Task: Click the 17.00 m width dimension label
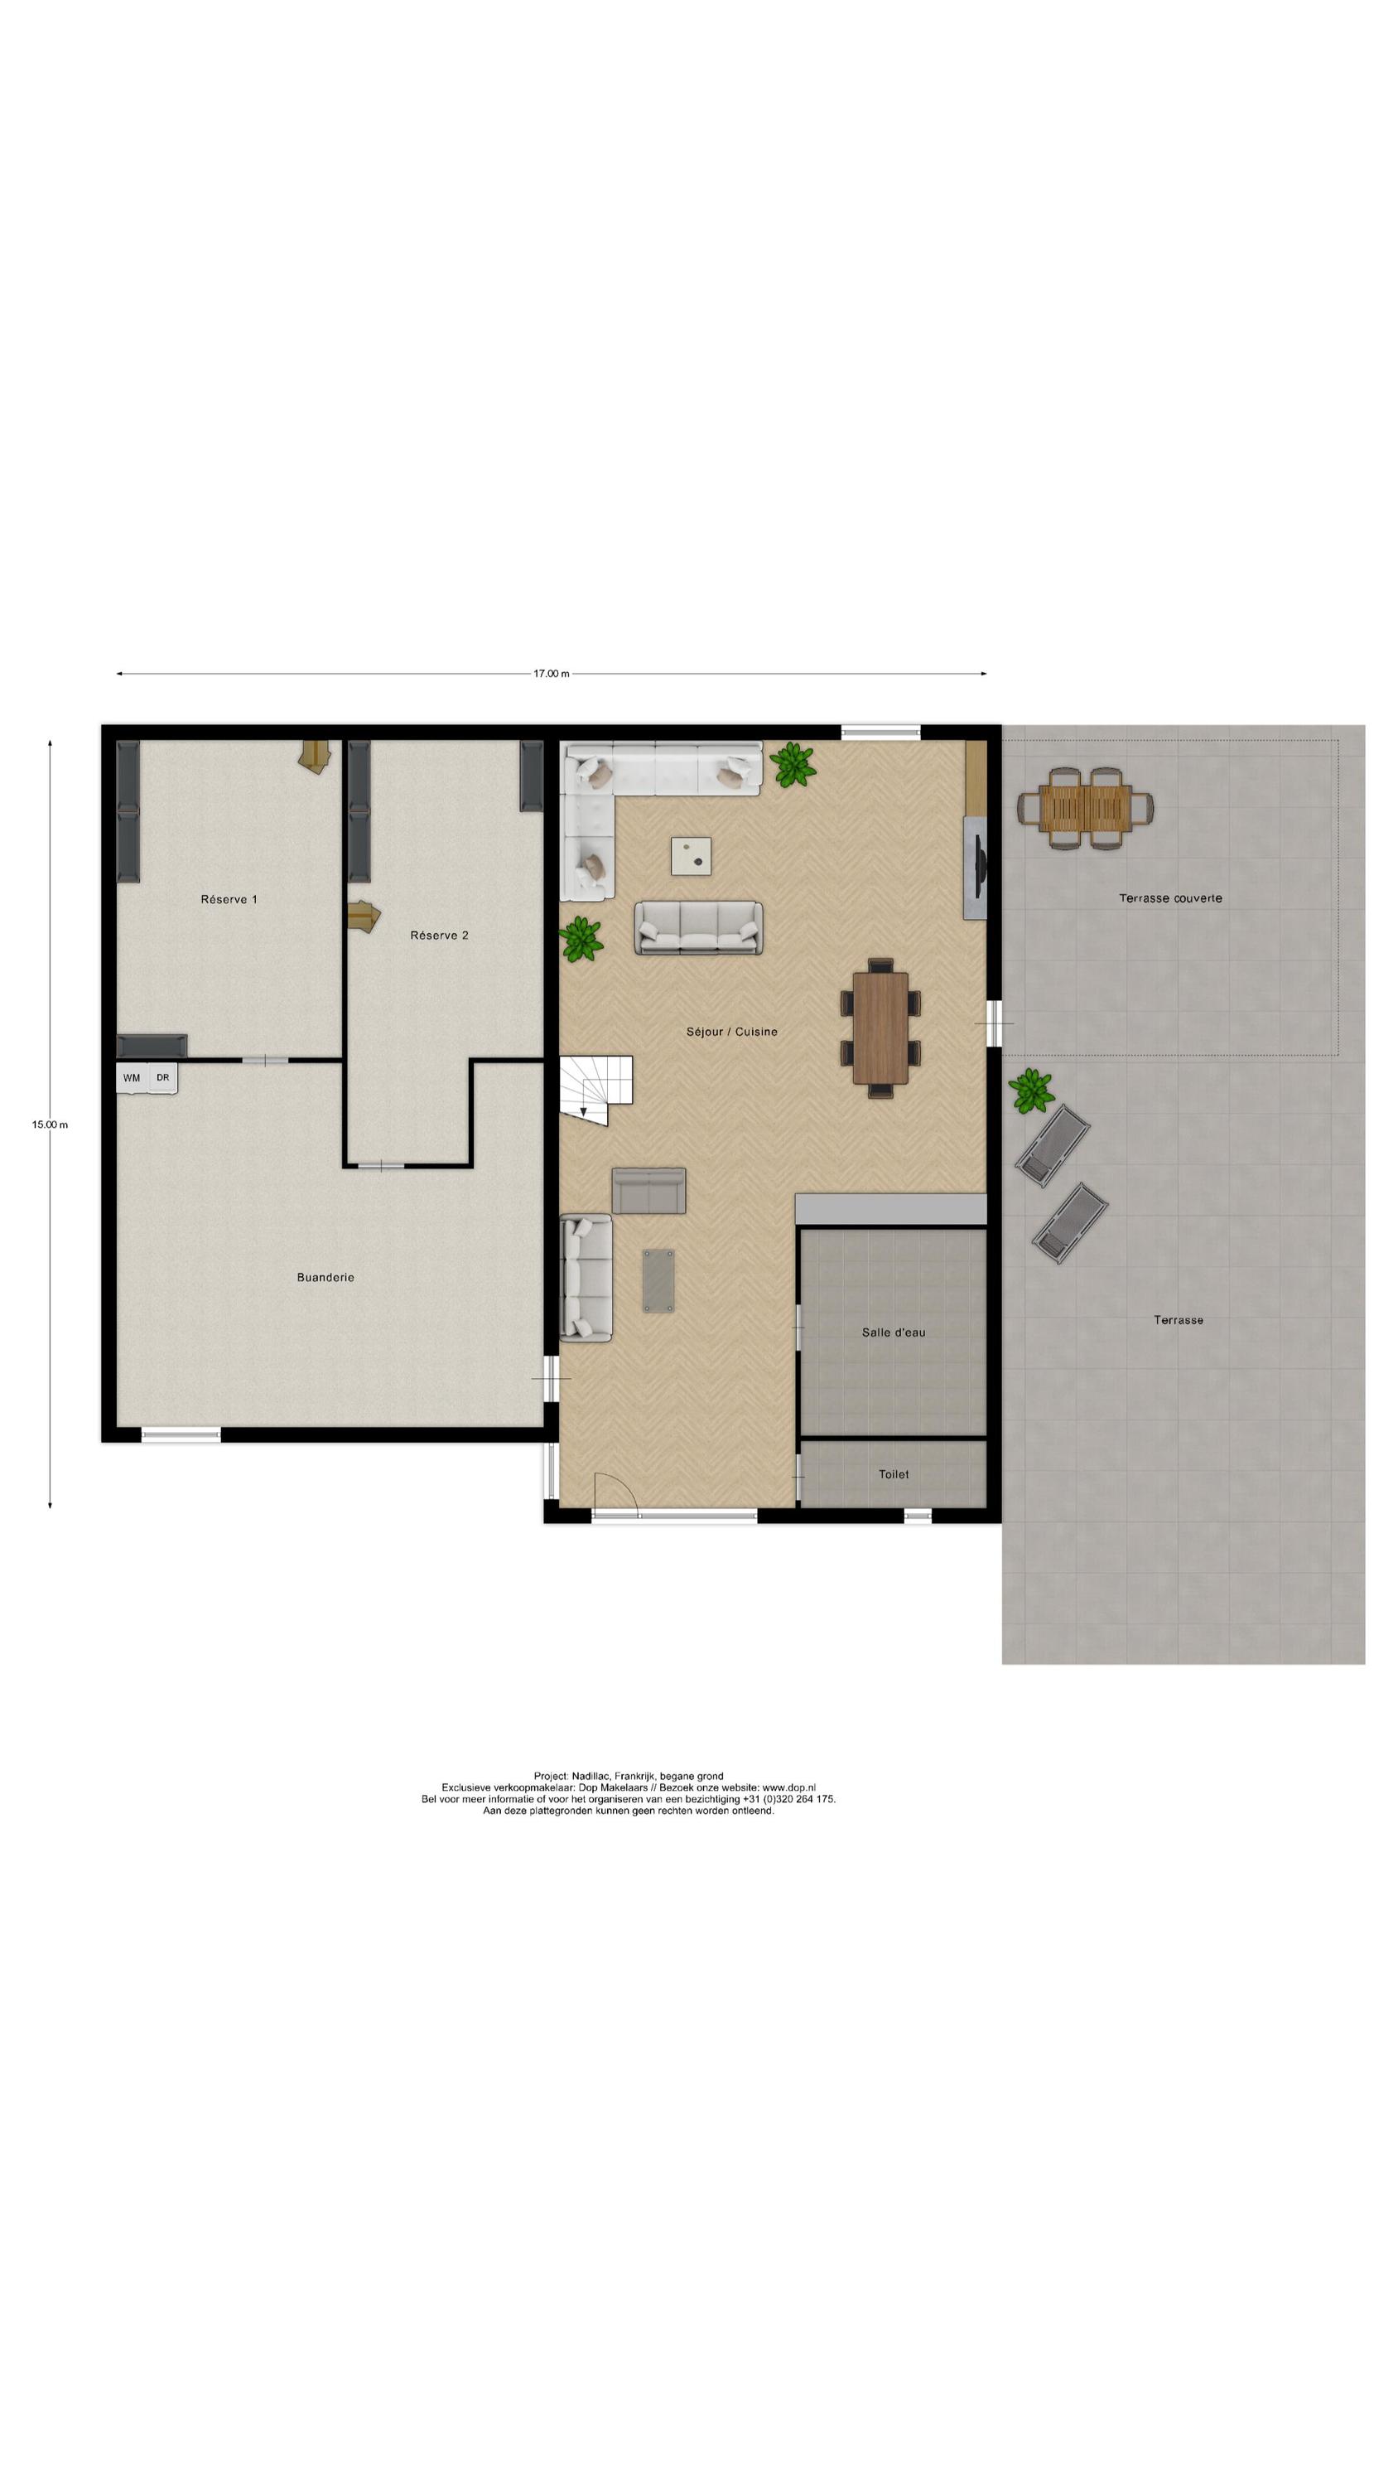pos(551,673)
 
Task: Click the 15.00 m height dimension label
pos(49,1124)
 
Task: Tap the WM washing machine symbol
pos(131,1078)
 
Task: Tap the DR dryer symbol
pos(163,1078)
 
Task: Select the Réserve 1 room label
pos(229,899)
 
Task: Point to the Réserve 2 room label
pos(439,935)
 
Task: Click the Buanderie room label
pos(325,1277)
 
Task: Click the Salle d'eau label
pos(893,1332)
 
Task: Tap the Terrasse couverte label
pos(1169,897)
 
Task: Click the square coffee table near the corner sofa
pos(692,855)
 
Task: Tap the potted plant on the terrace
pos(1030,1091)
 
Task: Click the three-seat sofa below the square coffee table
pos(697,927)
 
